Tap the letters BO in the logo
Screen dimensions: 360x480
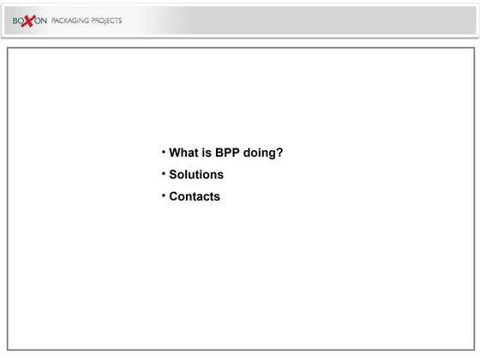pyautogui.click(x=20, y=21)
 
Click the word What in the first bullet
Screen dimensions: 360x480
pyautogui.click(x=183, y=153)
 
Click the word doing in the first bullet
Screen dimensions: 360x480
pyautogui.click(x=261, y=154)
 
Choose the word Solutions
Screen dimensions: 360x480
pyautogui.click(x=196, y=175)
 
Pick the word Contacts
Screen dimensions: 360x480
pyautogui.click(x=195, y=196)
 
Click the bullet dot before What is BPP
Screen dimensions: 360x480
pyautogui.click(x=163, y=152)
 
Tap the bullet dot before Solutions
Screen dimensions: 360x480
pyautogui.click(x=163, y=173)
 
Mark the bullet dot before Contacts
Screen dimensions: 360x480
pyautogui.click(x=163, y=195)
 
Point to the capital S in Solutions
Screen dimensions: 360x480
pyautogui.click(x=173, y=175)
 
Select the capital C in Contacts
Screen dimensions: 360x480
pyautogui.click(x=174, y=196)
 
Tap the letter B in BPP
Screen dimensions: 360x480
pyautogui.click(x=220, y=153)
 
